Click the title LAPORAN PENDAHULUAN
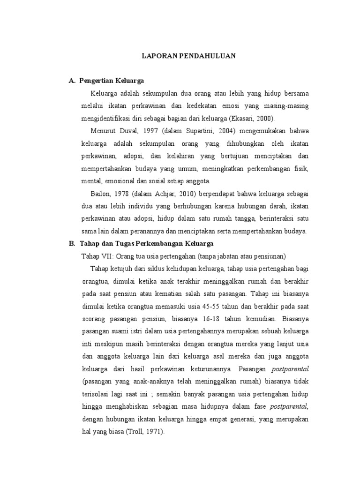coord(188,56)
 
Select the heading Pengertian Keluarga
coord(112,81)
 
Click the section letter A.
coord(72,81)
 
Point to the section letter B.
coord(72,244)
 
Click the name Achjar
coord(169,194)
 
